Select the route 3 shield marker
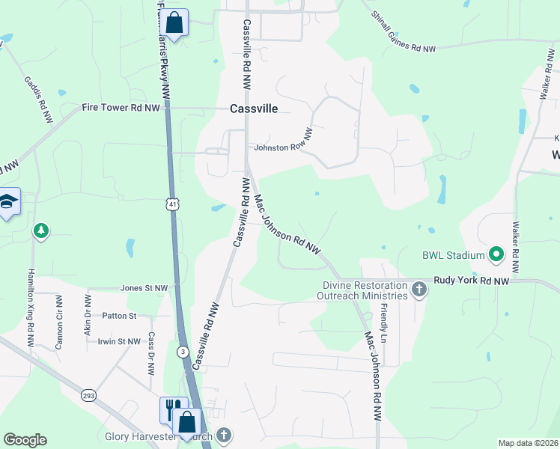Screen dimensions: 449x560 (182, 351)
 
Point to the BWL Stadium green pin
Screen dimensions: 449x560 (495, 255)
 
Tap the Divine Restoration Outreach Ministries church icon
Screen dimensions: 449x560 (419, 290)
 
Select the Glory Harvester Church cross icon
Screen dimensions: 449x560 (222, 435)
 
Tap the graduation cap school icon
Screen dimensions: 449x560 (8, 201)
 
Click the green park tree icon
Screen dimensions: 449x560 (40, 230)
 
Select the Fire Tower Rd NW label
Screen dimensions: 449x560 (121, 108)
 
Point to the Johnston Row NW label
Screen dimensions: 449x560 (282, 147)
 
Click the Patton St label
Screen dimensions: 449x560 (120, 316)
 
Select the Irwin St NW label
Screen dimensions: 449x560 (119, 341)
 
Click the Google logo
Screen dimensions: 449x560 (25, 440)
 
